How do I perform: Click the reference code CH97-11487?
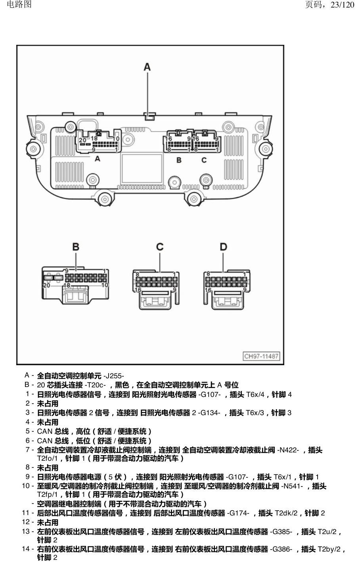click(261, 356)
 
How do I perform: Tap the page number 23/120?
click(342, 4)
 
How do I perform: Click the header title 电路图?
click(19, 4)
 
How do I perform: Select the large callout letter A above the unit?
click(147, 67)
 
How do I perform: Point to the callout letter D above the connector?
click(223, 247)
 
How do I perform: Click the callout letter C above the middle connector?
click(160, 247)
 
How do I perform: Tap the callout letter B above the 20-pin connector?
click(76, 247)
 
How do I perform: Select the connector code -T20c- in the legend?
click(95, 385)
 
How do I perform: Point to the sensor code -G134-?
click(209, 413)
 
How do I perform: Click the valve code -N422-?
click(288, 450)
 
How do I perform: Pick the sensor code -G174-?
click(238, 513)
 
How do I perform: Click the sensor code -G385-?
click(281, 532)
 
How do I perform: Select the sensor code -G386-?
click(281, 549)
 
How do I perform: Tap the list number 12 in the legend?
click(26, 522)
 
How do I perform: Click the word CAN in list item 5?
click(44, 431)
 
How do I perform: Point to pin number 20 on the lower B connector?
click(46, 285)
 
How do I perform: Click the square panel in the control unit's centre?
click(142, 169)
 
